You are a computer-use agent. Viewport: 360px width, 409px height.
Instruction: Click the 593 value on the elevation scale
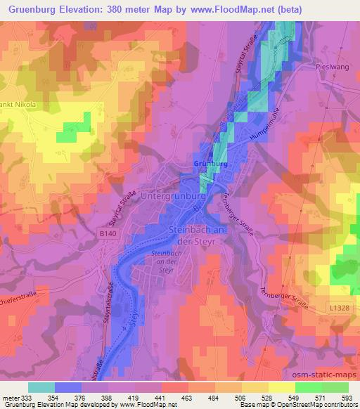[348, 397]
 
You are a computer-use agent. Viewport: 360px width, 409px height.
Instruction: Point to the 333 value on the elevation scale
[27, 397]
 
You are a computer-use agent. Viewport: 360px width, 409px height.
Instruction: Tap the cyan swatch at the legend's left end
[41, 387]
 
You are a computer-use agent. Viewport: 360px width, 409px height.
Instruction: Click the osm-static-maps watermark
[324, 378]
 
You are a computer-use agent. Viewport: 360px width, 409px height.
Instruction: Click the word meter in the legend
[10, 397]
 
